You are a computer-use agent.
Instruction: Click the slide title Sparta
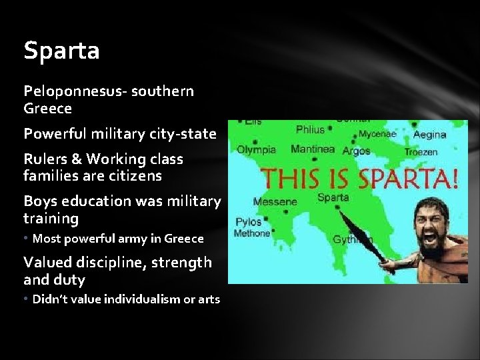pos(61,51)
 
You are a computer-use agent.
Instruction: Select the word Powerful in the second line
pos(53,133)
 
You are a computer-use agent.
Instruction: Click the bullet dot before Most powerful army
pos(27,238)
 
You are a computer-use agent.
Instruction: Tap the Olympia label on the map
pos(256,149)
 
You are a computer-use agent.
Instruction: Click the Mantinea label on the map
pos(313,149)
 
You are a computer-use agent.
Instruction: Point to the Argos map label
pos(356,151)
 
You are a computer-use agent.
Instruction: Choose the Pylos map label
pos(249,221)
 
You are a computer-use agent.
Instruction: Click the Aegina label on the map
pos(429,135)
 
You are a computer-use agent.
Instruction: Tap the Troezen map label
pos(421,152)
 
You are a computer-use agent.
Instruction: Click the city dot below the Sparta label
pos(339,207)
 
